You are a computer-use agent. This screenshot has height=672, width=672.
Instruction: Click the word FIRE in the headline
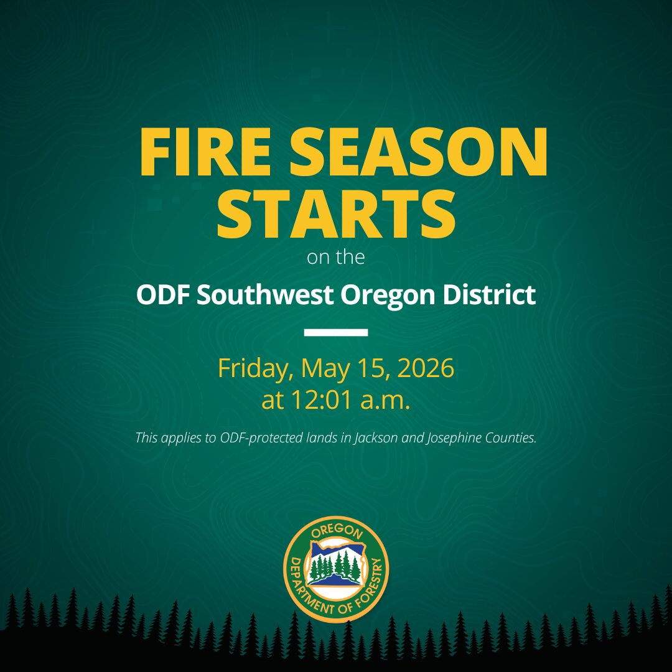(205, 152)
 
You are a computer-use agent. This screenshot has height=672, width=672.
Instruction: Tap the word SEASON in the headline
(419, 152)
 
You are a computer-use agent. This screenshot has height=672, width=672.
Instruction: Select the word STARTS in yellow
(336, 213)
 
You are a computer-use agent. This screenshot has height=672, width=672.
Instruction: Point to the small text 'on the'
(336, 257)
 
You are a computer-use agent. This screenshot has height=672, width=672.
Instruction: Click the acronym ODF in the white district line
(163, 295)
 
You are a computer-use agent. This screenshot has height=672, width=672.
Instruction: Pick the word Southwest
(265, 295)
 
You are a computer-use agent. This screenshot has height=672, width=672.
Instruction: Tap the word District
(489, 295)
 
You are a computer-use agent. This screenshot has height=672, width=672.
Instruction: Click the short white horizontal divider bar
(336, 332)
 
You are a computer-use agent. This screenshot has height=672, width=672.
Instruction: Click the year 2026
(426, 368)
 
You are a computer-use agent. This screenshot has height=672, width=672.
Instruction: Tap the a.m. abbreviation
(386, 401)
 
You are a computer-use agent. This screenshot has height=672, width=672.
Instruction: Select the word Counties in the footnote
(511, 438)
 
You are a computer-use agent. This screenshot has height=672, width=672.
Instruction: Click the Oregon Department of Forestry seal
(336, 569)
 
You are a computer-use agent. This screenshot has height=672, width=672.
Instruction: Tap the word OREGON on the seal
(337, 531)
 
